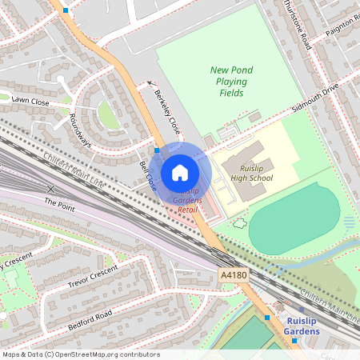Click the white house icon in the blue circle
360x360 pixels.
180,173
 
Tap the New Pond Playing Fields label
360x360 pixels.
231,82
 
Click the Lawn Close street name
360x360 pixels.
30,102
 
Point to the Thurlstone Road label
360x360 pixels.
297,24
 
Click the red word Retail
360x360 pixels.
187,209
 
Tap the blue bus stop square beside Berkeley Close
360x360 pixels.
157,150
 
